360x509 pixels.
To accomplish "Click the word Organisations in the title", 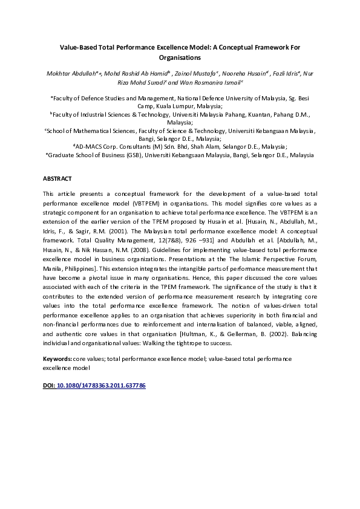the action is (x=180, y=58).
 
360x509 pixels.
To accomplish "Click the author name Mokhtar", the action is (x=58, y=74).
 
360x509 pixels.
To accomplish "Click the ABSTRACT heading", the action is (x=57, y=179).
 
